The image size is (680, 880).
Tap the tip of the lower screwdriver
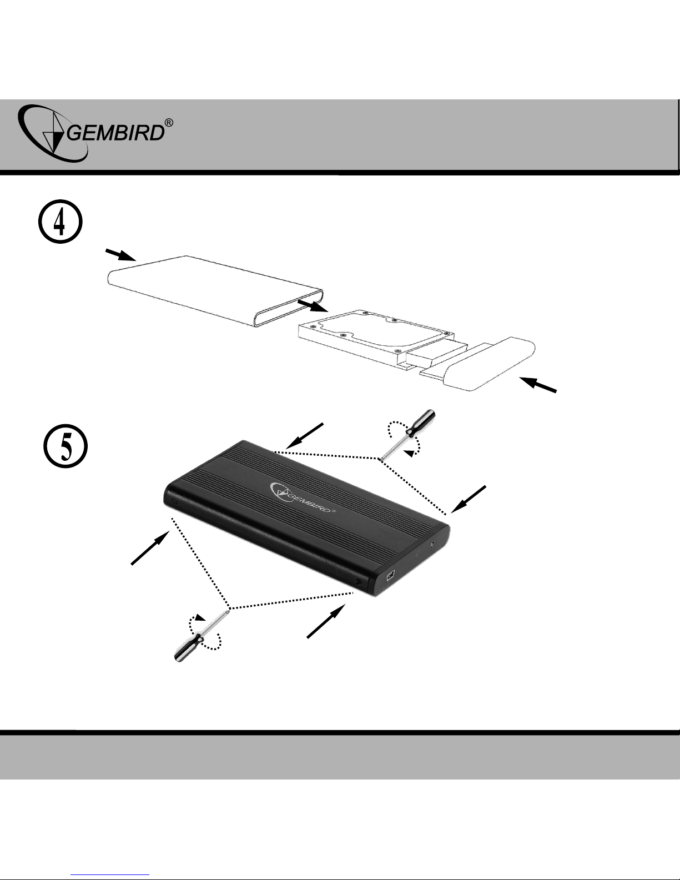(228, 610)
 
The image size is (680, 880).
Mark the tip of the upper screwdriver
(380, 459)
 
